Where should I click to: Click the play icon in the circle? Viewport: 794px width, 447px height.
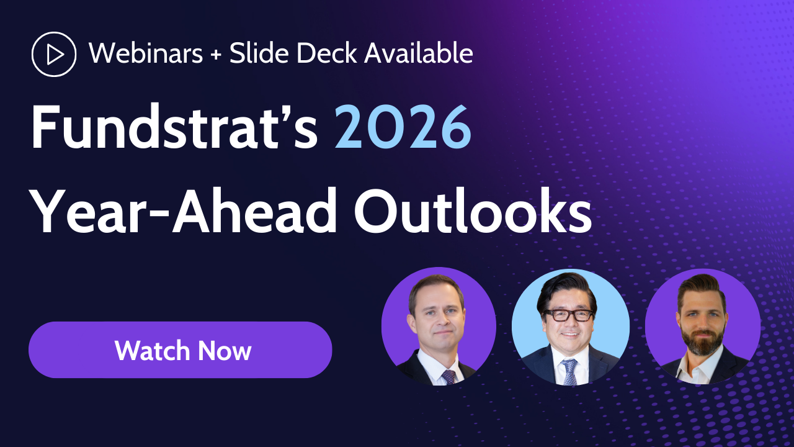tap(54, 54)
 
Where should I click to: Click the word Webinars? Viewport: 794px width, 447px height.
tap(146, 54)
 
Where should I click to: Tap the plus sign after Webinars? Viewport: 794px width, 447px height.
tap(216, 55)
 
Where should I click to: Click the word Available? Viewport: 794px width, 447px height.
tap(419, 54)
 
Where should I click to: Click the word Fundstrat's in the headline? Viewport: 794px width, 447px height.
tap(174, 127)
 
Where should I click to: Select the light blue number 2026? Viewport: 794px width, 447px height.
tap(403, 127)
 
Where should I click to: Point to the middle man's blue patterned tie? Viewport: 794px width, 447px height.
tap(569, 372)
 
